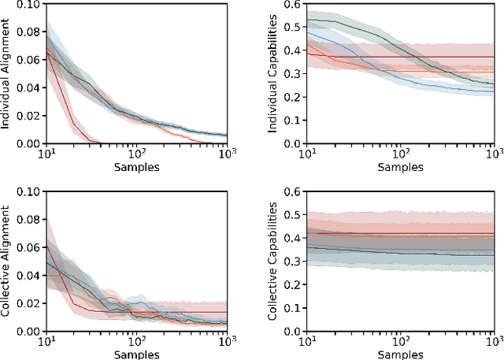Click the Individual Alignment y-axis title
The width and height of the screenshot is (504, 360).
[x=7, y=72]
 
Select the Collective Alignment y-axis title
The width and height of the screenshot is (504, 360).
[x=7, y=261]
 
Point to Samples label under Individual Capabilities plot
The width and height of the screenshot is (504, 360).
[x=400, y=168]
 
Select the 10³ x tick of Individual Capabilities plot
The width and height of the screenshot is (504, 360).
[x=492, y=154]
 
